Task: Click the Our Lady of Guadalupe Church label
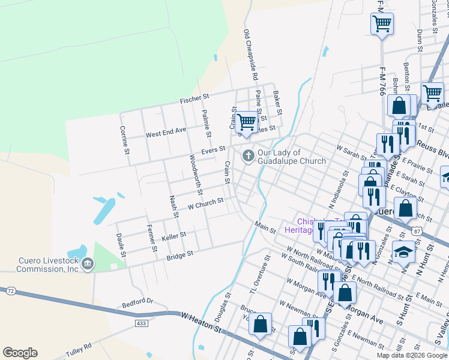click(292, 157)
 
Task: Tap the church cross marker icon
click(247, 157)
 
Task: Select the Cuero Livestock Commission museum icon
click(88, 263)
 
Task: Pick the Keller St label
click(173, 235)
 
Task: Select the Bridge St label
click(180, 254)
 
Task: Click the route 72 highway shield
click(11, 290)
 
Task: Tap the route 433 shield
click(141, 323)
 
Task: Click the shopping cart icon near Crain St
click(246, 121)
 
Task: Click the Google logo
click(20, 353)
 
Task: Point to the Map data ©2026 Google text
click(412, 355)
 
